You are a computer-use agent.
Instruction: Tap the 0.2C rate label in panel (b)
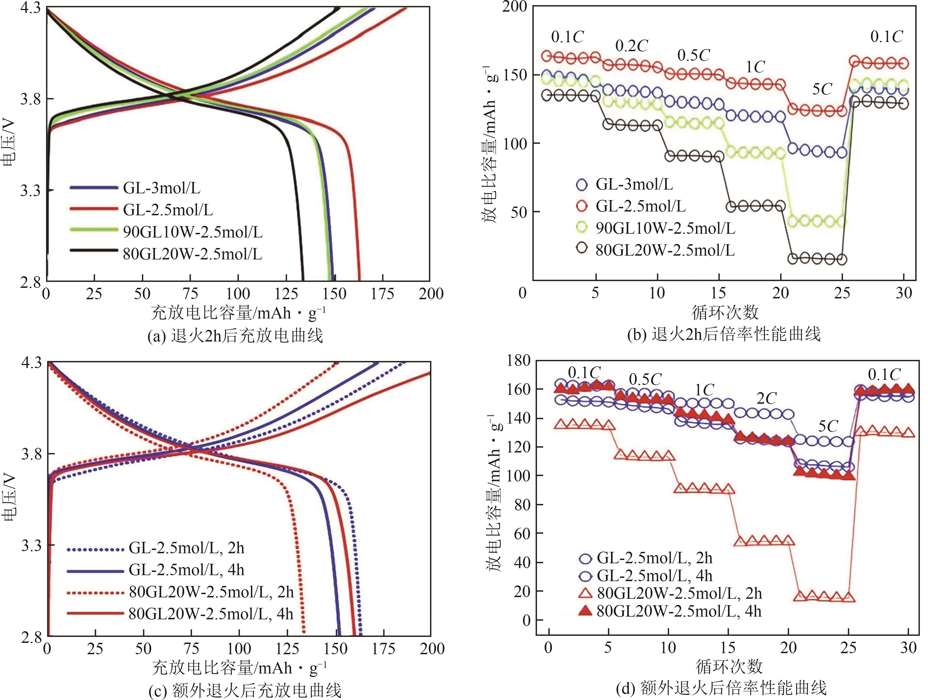point(631,46)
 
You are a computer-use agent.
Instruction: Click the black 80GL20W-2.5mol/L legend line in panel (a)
point(93,250)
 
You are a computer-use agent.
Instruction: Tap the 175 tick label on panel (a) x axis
point(382,294)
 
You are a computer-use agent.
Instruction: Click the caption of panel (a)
point(235,336)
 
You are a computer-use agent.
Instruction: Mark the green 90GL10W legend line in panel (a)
point(93,229)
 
